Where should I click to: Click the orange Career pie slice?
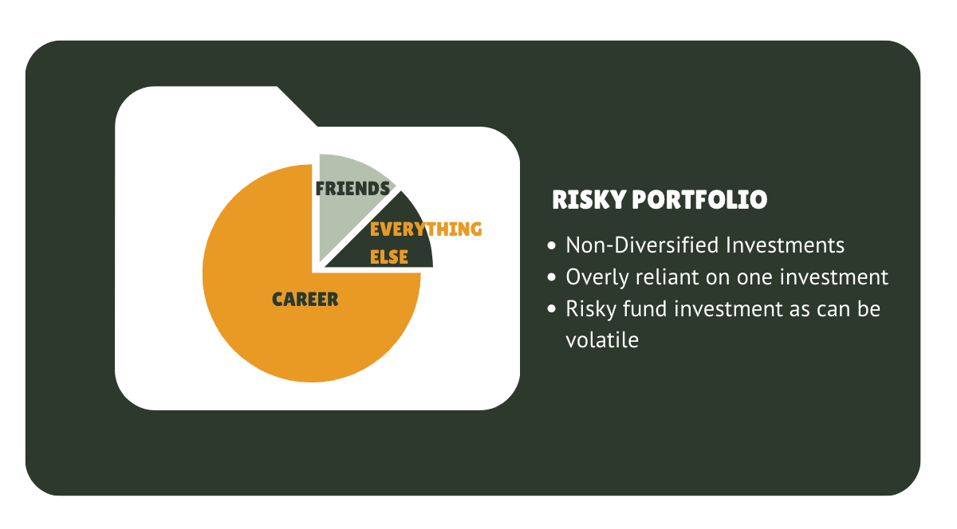pyautogui.click(x=274, y=324)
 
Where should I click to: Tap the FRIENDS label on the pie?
pyautogui.click(x=352, y=188)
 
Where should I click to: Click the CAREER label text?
pyautogui.click(x=305, y=300)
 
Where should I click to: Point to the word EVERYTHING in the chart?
pyautogui.click(x=426, y=229)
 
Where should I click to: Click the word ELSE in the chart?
pyautogui.click(x=389, y=257)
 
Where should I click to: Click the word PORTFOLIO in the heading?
pyautogui.click(x=700, y=200)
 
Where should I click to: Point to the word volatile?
pyautogui.click(x=602, y=340)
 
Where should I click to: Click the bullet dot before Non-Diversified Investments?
pyautogui.click(x=552, y=245)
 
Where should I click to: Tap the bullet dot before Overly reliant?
pyautogui.click(x=552, y=277)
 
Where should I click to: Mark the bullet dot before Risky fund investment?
pyautogui.click(x=552, y=308)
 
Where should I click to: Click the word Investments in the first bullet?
pyautogui.click(x=785, y=245)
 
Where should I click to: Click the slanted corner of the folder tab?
pyautogui.click(x=297, y=106)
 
